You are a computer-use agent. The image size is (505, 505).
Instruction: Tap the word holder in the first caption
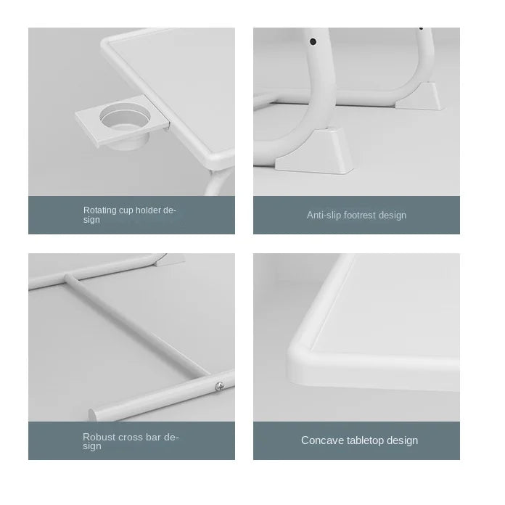pyautogui.click(x=148, y=210)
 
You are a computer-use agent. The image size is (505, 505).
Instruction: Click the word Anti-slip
pyautogui.click(x=324, y=215)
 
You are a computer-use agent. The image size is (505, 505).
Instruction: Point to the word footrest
pyautogui.click(x=360, y=215)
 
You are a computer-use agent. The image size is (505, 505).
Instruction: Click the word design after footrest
pyautogui.click(x=393, y=215)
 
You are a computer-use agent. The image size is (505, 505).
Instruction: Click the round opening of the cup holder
pyautogui.click(x=125, y=117)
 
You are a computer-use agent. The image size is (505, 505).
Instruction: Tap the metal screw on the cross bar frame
pyautogui.click(x=220, y=386)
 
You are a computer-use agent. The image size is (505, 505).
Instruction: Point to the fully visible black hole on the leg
pyautogui.click(x=313, y=41)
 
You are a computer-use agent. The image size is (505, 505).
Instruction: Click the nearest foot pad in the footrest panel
pyautogui.click(x=315, y=151)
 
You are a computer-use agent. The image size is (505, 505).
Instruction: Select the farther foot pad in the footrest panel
pyautogui.click(x=419, y=97)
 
